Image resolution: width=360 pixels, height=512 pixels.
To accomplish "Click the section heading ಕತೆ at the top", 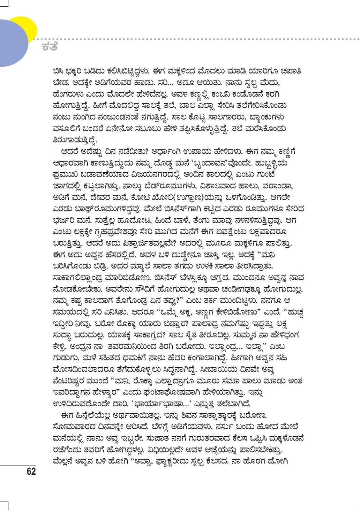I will pos(50,47).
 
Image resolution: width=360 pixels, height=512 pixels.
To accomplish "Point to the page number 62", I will pos(31,471).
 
